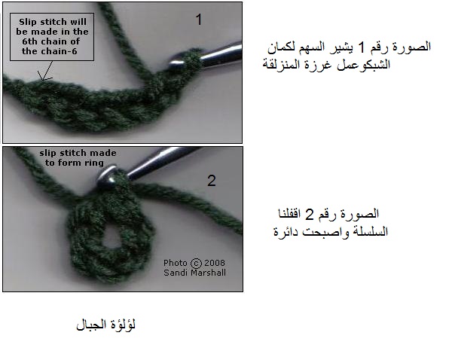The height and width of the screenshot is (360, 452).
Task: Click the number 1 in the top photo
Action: [x=199, y=20]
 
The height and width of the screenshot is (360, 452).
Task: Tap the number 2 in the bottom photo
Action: [x=212, y=181]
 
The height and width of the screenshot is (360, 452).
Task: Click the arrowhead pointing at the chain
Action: [x=44, y=78]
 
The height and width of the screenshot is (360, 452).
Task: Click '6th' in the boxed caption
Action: [x=29, y=41]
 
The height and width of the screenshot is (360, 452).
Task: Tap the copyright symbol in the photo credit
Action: [x=196, y=263]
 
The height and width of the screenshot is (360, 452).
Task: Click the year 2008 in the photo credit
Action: [x=215, y=263]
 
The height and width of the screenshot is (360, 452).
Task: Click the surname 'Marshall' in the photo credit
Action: [x=208, y=273]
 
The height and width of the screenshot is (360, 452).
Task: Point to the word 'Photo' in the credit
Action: [x=176, y=263]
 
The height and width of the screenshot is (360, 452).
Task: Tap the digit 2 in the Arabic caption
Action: [x=309, y=215]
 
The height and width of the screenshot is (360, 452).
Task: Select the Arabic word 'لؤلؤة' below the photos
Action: [x=124, y=325]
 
